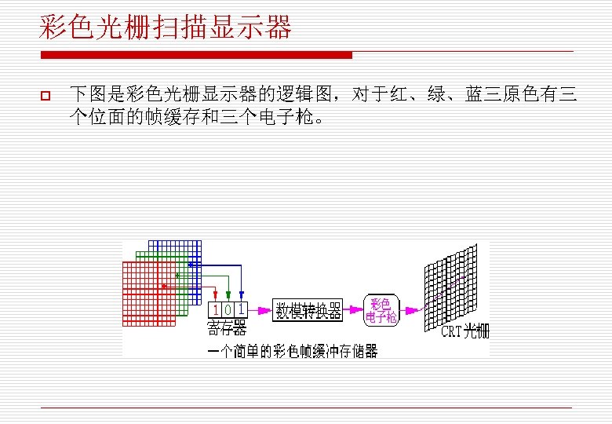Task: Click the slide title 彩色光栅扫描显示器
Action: pyautogui.click(x=166, y=28)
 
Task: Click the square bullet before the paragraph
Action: pyautogui.click(x=45, y=97)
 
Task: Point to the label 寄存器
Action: pyautogui.click(x=227, y=327)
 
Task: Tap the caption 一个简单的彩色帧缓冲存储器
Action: pyautogui.click(x=292, y=351)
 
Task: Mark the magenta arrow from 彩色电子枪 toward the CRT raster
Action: pyautogui.click(x=411, y=306)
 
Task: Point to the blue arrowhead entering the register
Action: pyautogui.click(x=241, y=297)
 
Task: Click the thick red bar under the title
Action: pyautogui.click(x=196, y=55)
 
